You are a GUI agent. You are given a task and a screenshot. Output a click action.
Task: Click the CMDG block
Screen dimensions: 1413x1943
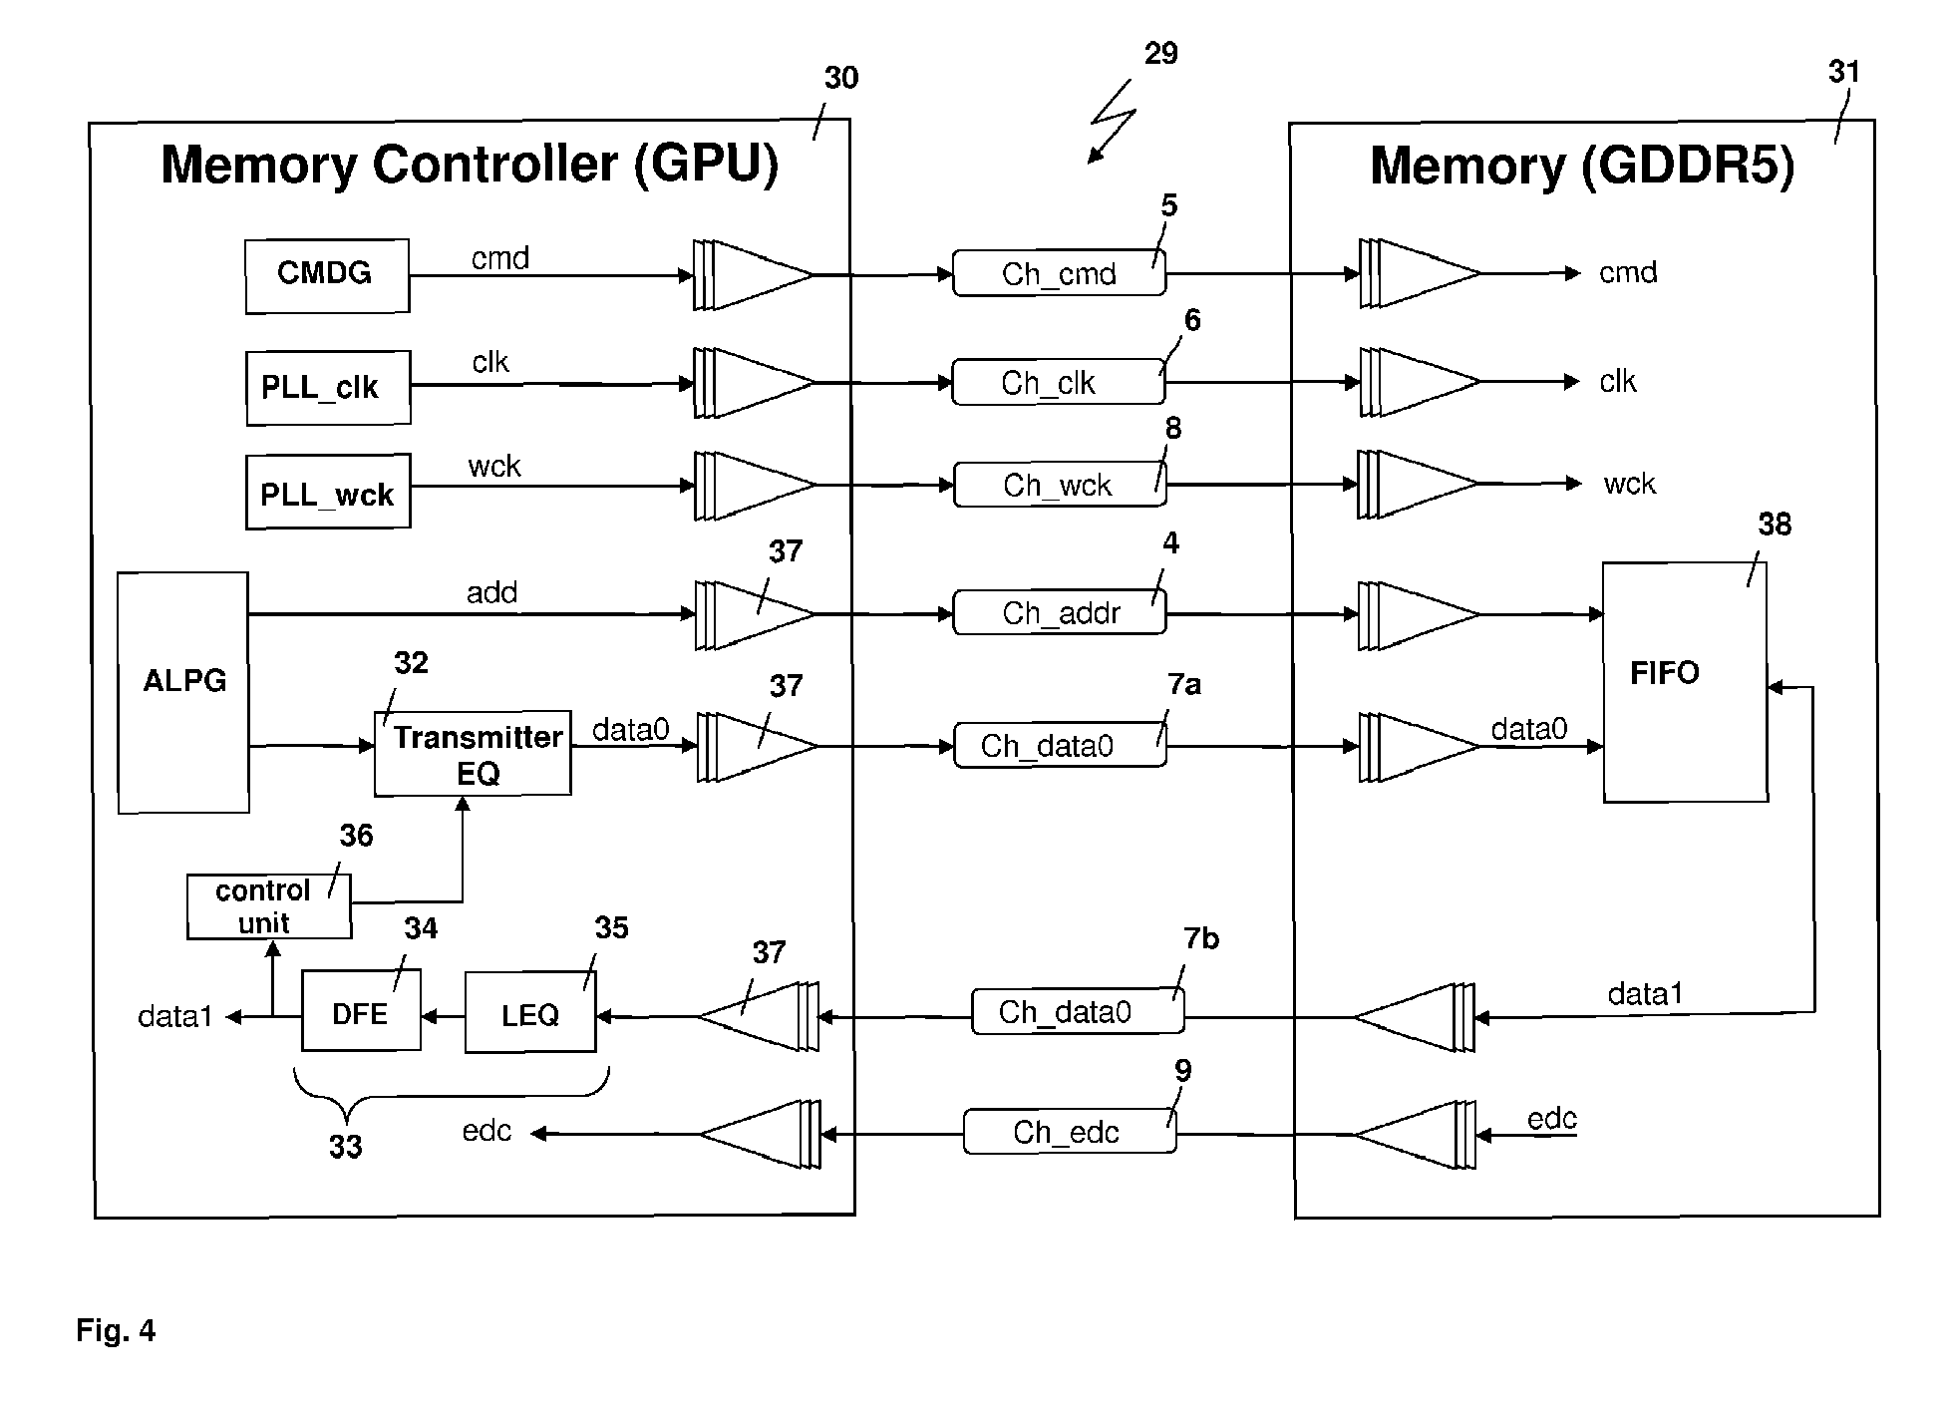[327, 275]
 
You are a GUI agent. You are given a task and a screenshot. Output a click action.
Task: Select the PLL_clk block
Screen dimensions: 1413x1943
[328, 387]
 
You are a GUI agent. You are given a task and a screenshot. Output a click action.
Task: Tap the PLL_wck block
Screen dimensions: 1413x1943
[328, 493]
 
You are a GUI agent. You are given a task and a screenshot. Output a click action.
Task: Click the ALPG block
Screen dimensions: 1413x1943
[183, 692]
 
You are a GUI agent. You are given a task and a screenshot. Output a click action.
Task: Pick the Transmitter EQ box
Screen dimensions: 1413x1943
[473, 754]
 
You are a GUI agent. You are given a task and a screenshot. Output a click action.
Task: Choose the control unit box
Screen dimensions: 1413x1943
[268, 906]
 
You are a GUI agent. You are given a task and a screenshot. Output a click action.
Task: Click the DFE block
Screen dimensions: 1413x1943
[361, 1011]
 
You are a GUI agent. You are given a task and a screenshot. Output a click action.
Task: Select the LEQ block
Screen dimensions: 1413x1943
[530, 1014]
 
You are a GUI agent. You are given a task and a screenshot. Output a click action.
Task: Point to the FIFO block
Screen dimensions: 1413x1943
[1685, 682]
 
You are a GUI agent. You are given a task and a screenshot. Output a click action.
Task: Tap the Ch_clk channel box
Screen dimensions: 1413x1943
[1058, 383]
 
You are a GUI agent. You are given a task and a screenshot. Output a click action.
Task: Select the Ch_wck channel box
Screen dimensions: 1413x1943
[1060, 486]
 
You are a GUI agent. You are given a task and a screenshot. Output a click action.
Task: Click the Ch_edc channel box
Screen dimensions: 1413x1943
[1070, 1133]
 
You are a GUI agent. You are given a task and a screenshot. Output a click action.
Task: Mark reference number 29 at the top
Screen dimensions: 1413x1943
[1160, 53]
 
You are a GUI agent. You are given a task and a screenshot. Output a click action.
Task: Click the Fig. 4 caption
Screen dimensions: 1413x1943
[116, 1330]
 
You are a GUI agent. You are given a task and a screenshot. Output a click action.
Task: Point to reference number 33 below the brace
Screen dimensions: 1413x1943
[345, 1147]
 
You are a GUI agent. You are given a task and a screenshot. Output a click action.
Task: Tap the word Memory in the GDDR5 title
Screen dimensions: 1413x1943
[1467, 166]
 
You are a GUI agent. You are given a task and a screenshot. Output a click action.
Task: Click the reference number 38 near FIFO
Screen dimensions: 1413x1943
[1775, 525]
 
